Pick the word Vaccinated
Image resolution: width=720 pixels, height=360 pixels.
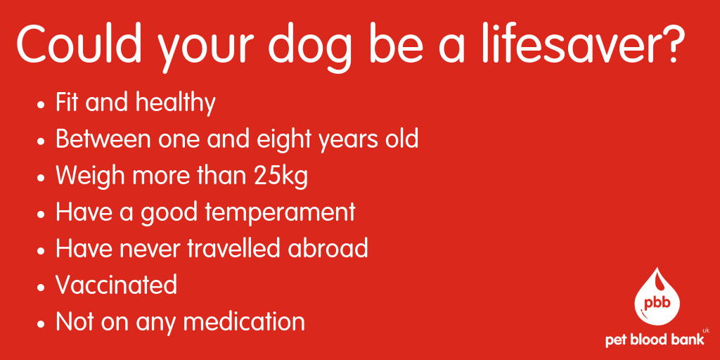pyautogui.click(x=116, y=285)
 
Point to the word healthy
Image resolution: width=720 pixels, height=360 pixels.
pyautogui.click(x=174, y=103)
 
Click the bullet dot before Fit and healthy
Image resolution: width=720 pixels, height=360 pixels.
pyautogui.click(x=41, y=104)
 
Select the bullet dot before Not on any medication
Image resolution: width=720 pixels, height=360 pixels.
pyautogui.click(x=41, y=323)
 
